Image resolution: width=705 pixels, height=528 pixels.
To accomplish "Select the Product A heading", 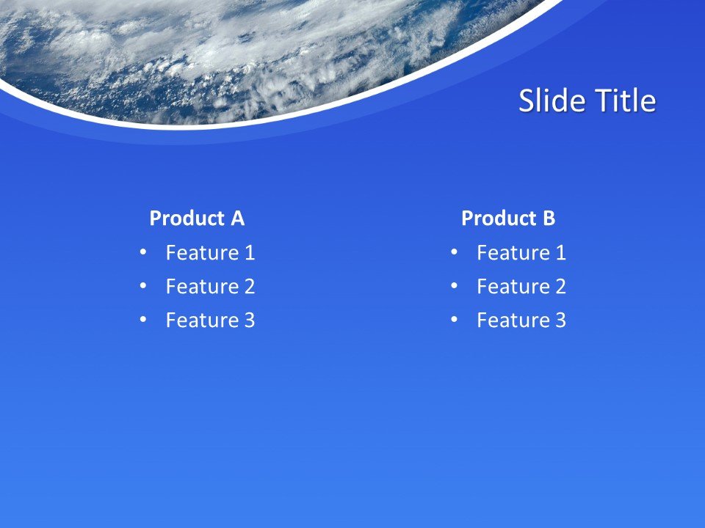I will (197, 219).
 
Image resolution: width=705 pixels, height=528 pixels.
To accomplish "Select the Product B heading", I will (508, 219).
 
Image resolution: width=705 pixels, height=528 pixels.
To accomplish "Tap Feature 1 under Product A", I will (210, 253).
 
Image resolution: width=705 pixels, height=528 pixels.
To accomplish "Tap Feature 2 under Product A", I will (210, 287).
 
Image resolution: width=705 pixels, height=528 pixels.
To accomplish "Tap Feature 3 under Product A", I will (210, 320).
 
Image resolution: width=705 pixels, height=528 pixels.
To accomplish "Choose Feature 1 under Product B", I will (521, 253).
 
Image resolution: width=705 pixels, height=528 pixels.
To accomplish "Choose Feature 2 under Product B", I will (521, 287).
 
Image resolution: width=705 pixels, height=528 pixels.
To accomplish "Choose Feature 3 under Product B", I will (521, 320).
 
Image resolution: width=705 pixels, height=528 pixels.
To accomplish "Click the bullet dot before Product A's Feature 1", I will (142, 252).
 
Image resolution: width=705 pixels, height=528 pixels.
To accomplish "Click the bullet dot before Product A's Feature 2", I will (142, 286).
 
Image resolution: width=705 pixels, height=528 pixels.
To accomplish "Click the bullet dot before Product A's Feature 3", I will (142, 320).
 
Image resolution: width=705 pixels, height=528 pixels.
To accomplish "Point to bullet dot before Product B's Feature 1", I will (454, 252).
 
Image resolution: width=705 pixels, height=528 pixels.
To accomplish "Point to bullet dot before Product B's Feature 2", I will (454, 286).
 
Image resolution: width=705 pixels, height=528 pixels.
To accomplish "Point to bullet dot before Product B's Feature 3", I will (454, 320).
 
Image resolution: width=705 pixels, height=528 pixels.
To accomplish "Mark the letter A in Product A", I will (236, 219).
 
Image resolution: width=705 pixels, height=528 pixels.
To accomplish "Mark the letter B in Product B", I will (549, 219).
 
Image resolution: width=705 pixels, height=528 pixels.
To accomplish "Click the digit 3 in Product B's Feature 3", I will (560, 320).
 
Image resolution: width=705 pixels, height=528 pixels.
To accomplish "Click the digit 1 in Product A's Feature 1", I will (249, 253).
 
